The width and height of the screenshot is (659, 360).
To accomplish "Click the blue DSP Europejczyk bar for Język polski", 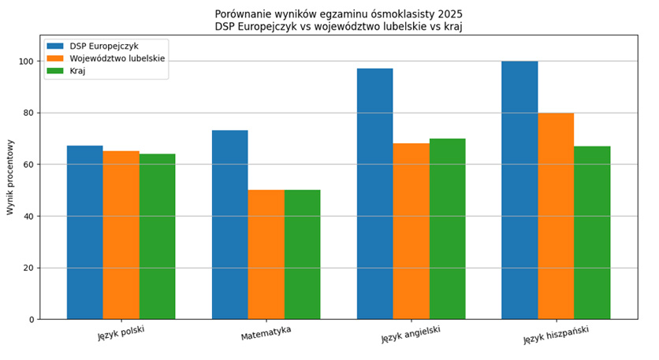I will click(x=84, y=232).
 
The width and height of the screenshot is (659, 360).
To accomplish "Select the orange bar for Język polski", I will click(x=121, y=235).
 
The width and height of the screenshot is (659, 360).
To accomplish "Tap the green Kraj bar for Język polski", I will click(x=158, y=236).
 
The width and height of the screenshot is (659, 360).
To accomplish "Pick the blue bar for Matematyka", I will click(x=229, y=225).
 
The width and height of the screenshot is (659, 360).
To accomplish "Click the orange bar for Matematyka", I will click(x=266, y=254).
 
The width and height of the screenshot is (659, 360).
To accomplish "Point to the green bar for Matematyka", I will click(x=303, y=254).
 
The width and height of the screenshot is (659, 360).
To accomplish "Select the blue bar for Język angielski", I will click(x=374, y=194).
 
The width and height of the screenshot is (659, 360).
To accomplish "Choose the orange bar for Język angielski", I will click(x=411, y=231).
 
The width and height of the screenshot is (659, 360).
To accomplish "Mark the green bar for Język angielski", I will click(x=447, y=228).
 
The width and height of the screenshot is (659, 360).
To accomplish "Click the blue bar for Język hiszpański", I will click(x=519, y=190).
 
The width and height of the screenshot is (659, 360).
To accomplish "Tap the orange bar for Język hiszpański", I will click(x=556, y=216).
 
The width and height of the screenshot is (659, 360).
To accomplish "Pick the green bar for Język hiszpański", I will click(x=592, y=232).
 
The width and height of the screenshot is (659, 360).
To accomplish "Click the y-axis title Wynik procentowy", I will click(x=10, y=177).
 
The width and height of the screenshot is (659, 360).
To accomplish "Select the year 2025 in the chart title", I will click(x=450, y=14).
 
